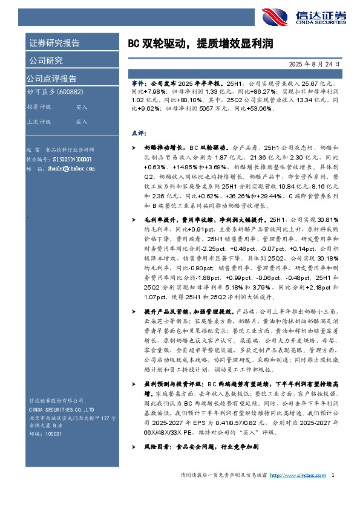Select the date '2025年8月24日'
[315, 63]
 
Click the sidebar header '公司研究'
[45, 60]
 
